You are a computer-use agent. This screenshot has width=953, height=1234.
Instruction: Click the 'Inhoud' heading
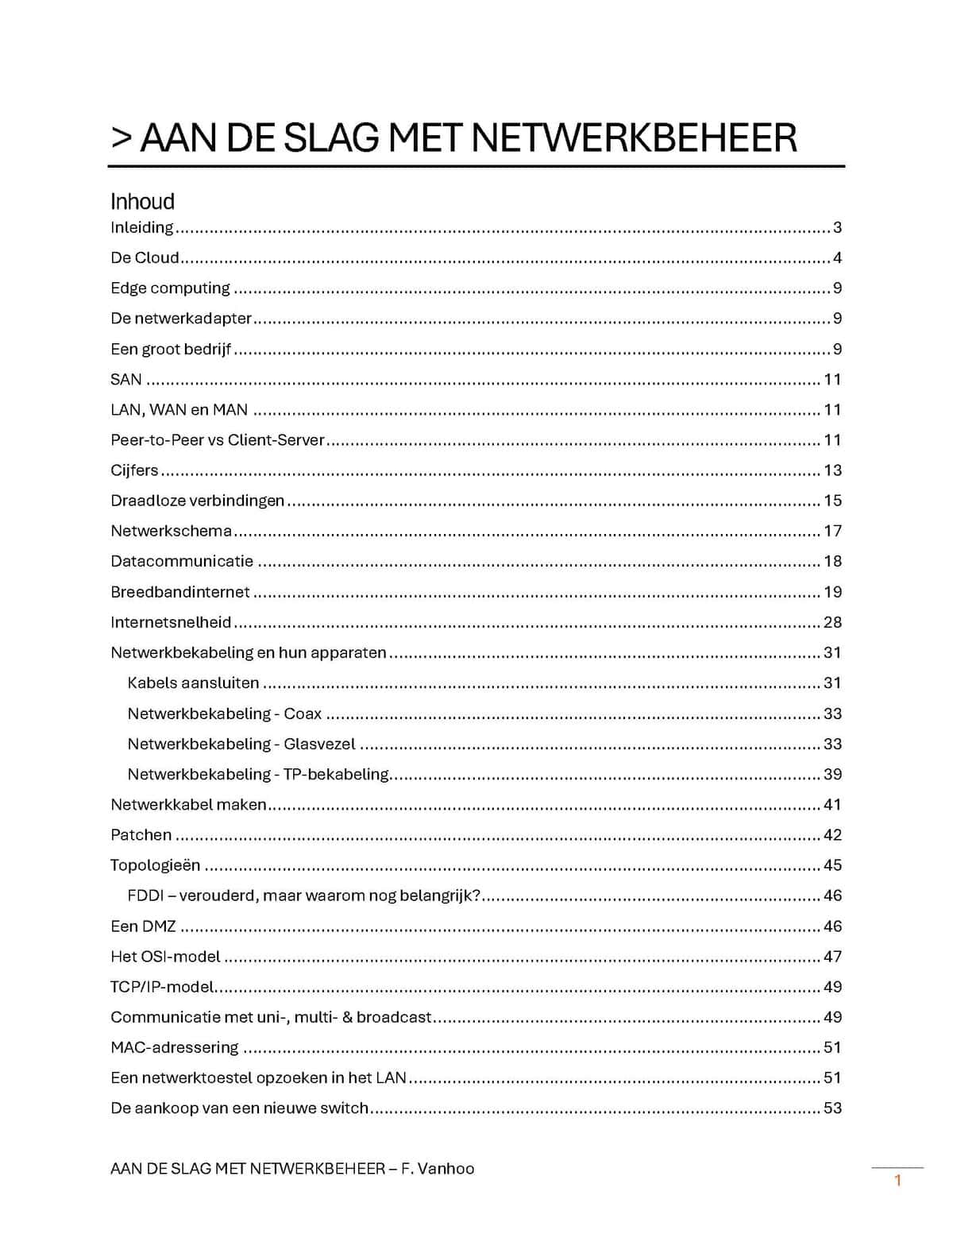tap(142, 202)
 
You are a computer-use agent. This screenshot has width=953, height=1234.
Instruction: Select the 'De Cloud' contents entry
tap(145, 257)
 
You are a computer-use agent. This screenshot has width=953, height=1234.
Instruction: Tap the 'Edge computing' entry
tap(170, 288)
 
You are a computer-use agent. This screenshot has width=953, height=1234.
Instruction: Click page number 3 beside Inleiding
tap(837, 227)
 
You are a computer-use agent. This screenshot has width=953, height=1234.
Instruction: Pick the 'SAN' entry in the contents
tap(126, 379)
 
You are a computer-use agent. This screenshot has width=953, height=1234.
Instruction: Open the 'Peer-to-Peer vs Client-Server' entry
tap(218, 439)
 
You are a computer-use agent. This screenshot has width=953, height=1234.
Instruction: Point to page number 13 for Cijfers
tap(832, 470)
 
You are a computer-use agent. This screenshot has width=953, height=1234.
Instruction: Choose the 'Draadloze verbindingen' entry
tap(197, 501)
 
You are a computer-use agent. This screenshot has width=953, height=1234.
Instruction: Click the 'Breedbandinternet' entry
tap(180, 592)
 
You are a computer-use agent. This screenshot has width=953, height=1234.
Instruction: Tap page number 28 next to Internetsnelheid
tap(832, 622)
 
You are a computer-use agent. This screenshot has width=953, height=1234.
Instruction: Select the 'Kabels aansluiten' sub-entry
tap(193, 683)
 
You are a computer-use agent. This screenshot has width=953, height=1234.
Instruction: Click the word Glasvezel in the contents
tap(319, 744)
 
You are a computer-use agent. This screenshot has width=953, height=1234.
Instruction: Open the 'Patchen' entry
tap(141, 834)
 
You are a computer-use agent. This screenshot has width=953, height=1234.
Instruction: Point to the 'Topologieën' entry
tap(156, 865)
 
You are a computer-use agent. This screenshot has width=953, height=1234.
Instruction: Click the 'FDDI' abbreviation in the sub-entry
tap(145, 896)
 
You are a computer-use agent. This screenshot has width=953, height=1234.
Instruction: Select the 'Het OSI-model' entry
tap(165, 957)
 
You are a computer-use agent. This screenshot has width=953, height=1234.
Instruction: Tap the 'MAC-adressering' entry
tap(175, 1047)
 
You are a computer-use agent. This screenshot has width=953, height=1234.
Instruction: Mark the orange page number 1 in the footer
tap(898, 1180)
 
